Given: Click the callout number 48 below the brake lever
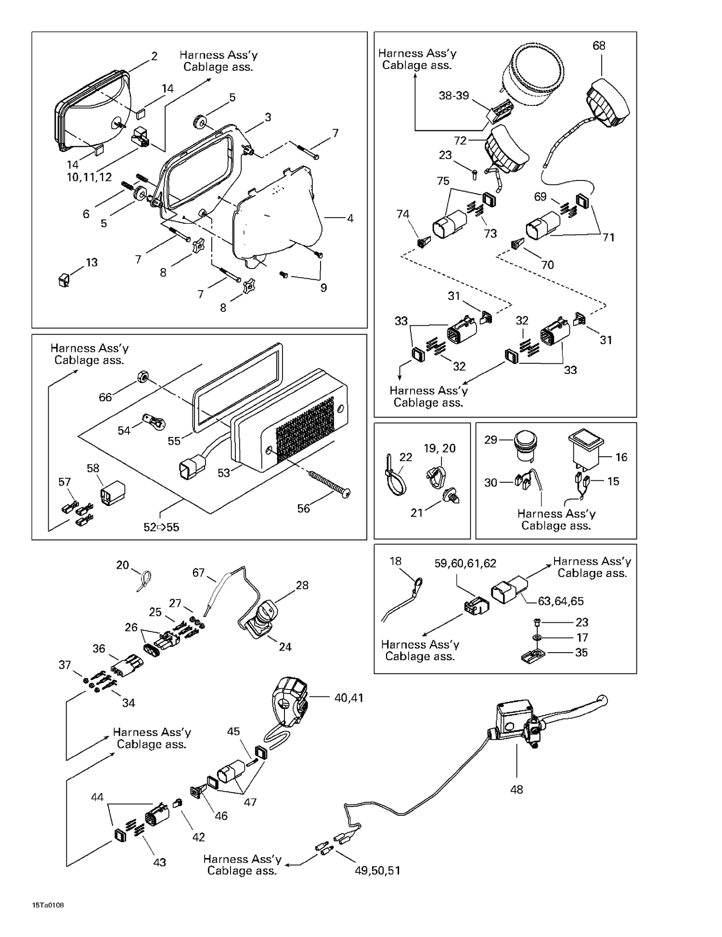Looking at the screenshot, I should [516, 789].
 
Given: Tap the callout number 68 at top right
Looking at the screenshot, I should [599, 46].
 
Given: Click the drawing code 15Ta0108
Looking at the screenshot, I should [48, 905].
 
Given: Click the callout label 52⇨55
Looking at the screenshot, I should [161, 527].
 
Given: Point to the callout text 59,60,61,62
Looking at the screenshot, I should [465, 564].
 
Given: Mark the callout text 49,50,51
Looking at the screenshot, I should [377, 871].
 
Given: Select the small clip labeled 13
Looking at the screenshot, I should [63, 280].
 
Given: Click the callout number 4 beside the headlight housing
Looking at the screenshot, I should [350, 218].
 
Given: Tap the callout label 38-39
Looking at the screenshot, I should [453, 96].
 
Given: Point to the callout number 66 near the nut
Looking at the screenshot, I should [105, 397].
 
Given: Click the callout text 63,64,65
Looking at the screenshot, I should [560, 601].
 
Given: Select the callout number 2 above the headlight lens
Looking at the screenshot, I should [154, 56].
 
